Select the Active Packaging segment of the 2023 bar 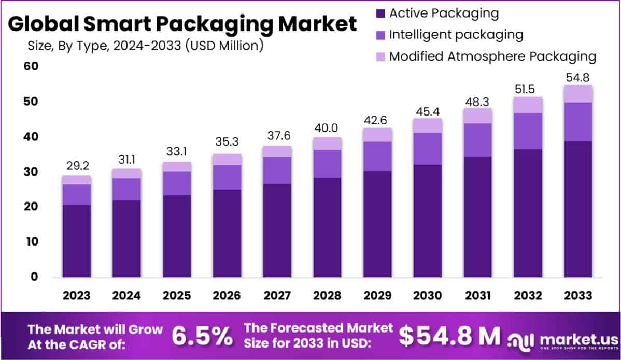[x=76, y=241]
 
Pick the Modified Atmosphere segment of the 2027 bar [x=277, y=151]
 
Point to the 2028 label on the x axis [x=327, y=295]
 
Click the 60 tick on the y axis [x=31, y=66]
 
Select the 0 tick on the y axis [x=34, y=277]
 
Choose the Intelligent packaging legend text [x=456, y=35]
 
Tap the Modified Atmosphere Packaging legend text [x=492, y=56]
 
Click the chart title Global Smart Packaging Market [x=182, y=24]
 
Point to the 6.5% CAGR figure [x=202, y=336]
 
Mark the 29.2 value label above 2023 [x=76, y=166]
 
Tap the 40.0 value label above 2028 [x=327, y=128]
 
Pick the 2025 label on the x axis [x=177, y=295]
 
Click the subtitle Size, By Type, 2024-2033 [x=145, y=46]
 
